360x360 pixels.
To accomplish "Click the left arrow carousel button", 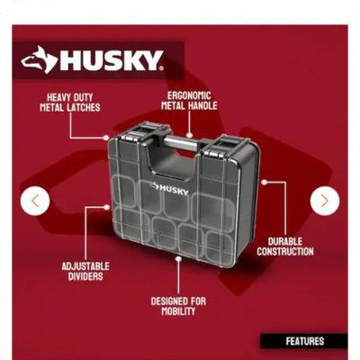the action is pyautogui.click(x=35, y=201).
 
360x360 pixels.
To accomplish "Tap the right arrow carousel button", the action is pyautogui.click(x=325, y=201).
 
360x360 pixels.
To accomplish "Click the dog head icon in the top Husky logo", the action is pyautogui.click(x=39, y=59).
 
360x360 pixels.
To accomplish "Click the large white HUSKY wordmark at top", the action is pyautogui.click(x=112, y=60).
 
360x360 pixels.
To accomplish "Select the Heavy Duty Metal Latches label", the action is pyautogui.click(x=70, y=103).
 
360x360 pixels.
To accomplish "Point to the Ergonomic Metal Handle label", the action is pyautogui.click(x=189, y=101).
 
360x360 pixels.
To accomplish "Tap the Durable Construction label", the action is pyautogui.click(x=285, y=247).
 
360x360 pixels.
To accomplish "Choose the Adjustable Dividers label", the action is pyautogui.click(x=85, y=272).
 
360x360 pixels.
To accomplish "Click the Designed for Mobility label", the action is pyautogui.click(x=178, y=306).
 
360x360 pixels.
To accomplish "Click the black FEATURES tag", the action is pyautogui.click(x=304, y=341).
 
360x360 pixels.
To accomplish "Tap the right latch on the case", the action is pyautogui.click(x=218, y=149).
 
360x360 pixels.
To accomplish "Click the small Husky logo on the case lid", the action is pyautogui.click(x=169, y=189).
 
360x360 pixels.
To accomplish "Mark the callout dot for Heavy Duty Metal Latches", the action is pyautogui.click(x=106, y=138).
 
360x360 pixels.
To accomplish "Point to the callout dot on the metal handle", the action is pyautogui.click(x=189, y=135).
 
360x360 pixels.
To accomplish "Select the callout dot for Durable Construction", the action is pyautogui.click(x=264, y=183).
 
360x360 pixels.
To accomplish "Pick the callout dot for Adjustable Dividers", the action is pyautogui.click(x=107, y=207).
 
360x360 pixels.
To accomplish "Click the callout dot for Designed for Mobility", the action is pyautogui.click(x=178, y=258).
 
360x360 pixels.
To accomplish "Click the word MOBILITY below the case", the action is pyautogui.click(x=178, y=311).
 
